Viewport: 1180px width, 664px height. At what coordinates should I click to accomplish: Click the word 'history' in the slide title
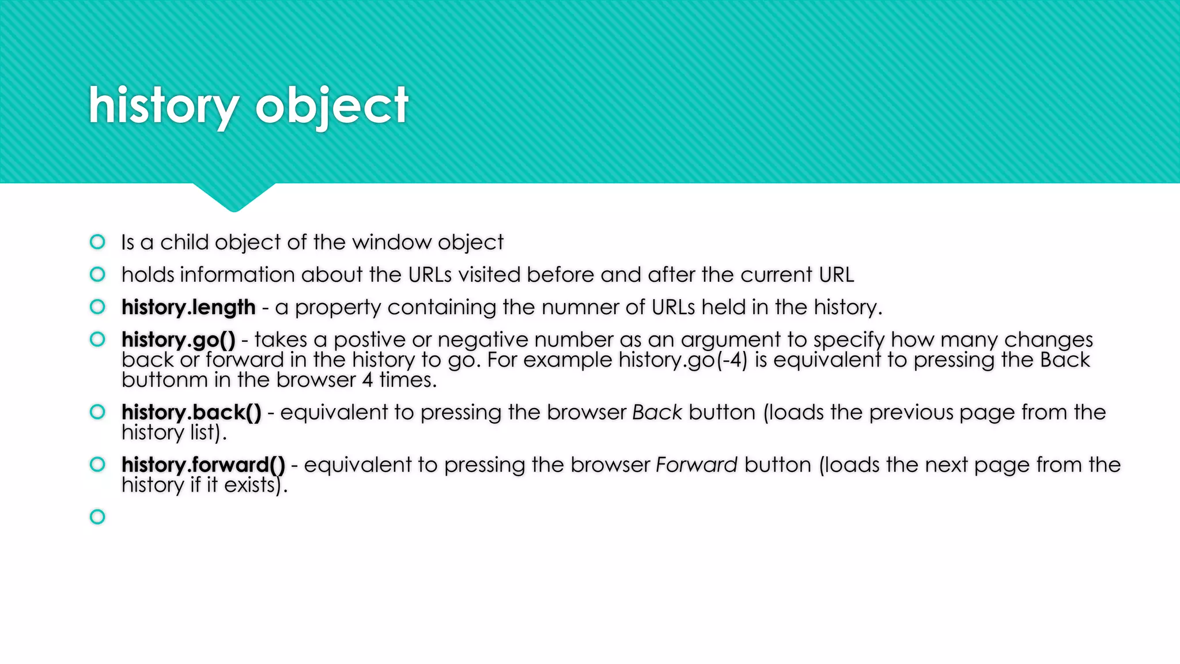tap(163, 106)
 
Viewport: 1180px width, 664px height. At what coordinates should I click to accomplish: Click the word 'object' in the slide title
tap(331, 106)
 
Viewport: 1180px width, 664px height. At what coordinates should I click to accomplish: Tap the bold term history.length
tap(188, 307)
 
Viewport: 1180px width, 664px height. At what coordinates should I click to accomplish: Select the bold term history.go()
tap(179, 339)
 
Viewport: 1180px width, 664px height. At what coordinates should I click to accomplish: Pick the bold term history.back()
tap(191, 412)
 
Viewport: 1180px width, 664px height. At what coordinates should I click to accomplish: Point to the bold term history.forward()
tap(203, 465)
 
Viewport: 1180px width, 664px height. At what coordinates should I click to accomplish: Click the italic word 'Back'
tap(657, 413)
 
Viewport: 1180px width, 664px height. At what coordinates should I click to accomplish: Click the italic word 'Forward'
tap(697, 465)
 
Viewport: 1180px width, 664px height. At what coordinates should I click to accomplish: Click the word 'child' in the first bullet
tap(184, 242)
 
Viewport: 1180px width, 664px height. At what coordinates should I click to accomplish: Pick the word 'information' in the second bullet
tap(237, 274)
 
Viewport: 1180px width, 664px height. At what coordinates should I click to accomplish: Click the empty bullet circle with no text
tap(97, 516)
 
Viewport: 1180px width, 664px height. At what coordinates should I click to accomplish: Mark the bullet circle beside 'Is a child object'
tap(97, 242)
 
